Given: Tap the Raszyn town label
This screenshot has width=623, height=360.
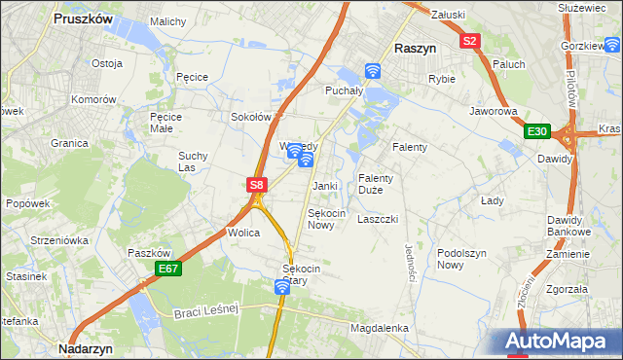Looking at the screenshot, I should click(x=415, y=47).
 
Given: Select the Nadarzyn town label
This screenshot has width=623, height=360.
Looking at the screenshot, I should click(x=88, y=347).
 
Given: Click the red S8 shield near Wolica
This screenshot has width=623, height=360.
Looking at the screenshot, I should click(x=256, y=184).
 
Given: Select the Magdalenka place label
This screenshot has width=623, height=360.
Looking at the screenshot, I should click(x=379, y=329).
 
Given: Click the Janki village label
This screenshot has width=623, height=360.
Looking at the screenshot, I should click(x=324, y=186).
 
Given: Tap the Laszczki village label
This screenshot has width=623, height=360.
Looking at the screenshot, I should click(x=378, y=219).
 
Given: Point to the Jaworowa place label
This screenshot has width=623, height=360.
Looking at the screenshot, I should click(x=493, y=112).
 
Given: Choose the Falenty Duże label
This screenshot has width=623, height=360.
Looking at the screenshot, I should click(x=376, y=184).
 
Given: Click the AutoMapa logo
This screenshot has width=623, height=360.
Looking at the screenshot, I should click(x=562, y=342).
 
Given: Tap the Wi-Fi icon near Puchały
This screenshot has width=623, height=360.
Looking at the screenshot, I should click(x=373, y=70).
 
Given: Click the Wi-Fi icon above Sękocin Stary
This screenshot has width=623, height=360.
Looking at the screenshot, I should click(x=281, y=286).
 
